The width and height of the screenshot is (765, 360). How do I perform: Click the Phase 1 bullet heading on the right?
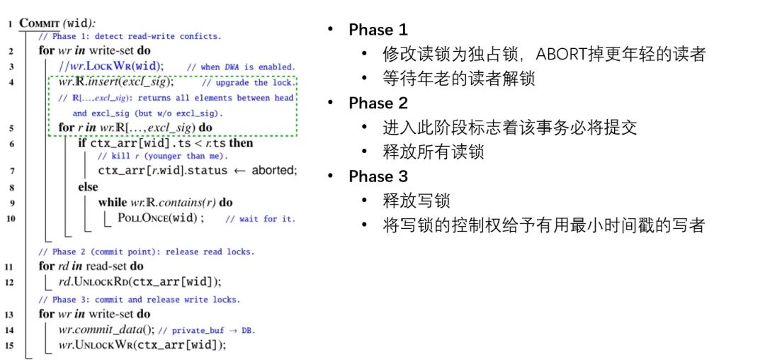click(378, 30)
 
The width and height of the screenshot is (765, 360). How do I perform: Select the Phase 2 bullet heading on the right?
click(379, 103)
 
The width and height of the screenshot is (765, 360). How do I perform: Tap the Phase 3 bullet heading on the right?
click(379, 176)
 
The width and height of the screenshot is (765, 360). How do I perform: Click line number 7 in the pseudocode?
click(11, 171)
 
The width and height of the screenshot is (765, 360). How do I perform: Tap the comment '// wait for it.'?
click(260, 219)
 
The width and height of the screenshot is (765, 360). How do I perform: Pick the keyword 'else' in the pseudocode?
click(88, 187)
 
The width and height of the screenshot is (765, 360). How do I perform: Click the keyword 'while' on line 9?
click(113, 203)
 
